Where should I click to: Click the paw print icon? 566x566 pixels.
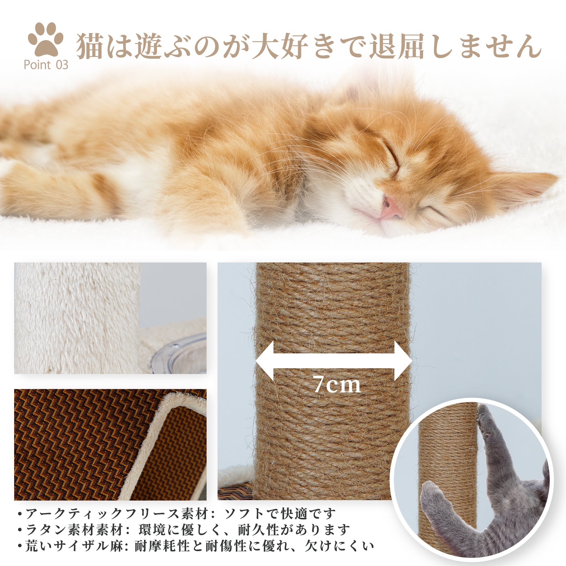(46, 39)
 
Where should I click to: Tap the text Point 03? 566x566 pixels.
(46, 65)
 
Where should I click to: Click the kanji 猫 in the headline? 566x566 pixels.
(89, 46)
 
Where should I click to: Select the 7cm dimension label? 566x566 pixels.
(336, 384)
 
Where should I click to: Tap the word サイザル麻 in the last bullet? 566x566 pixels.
(88, 546)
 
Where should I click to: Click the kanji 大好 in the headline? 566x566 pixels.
(279, 46)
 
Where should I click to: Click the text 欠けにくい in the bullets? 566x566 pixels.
(340, 546)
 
